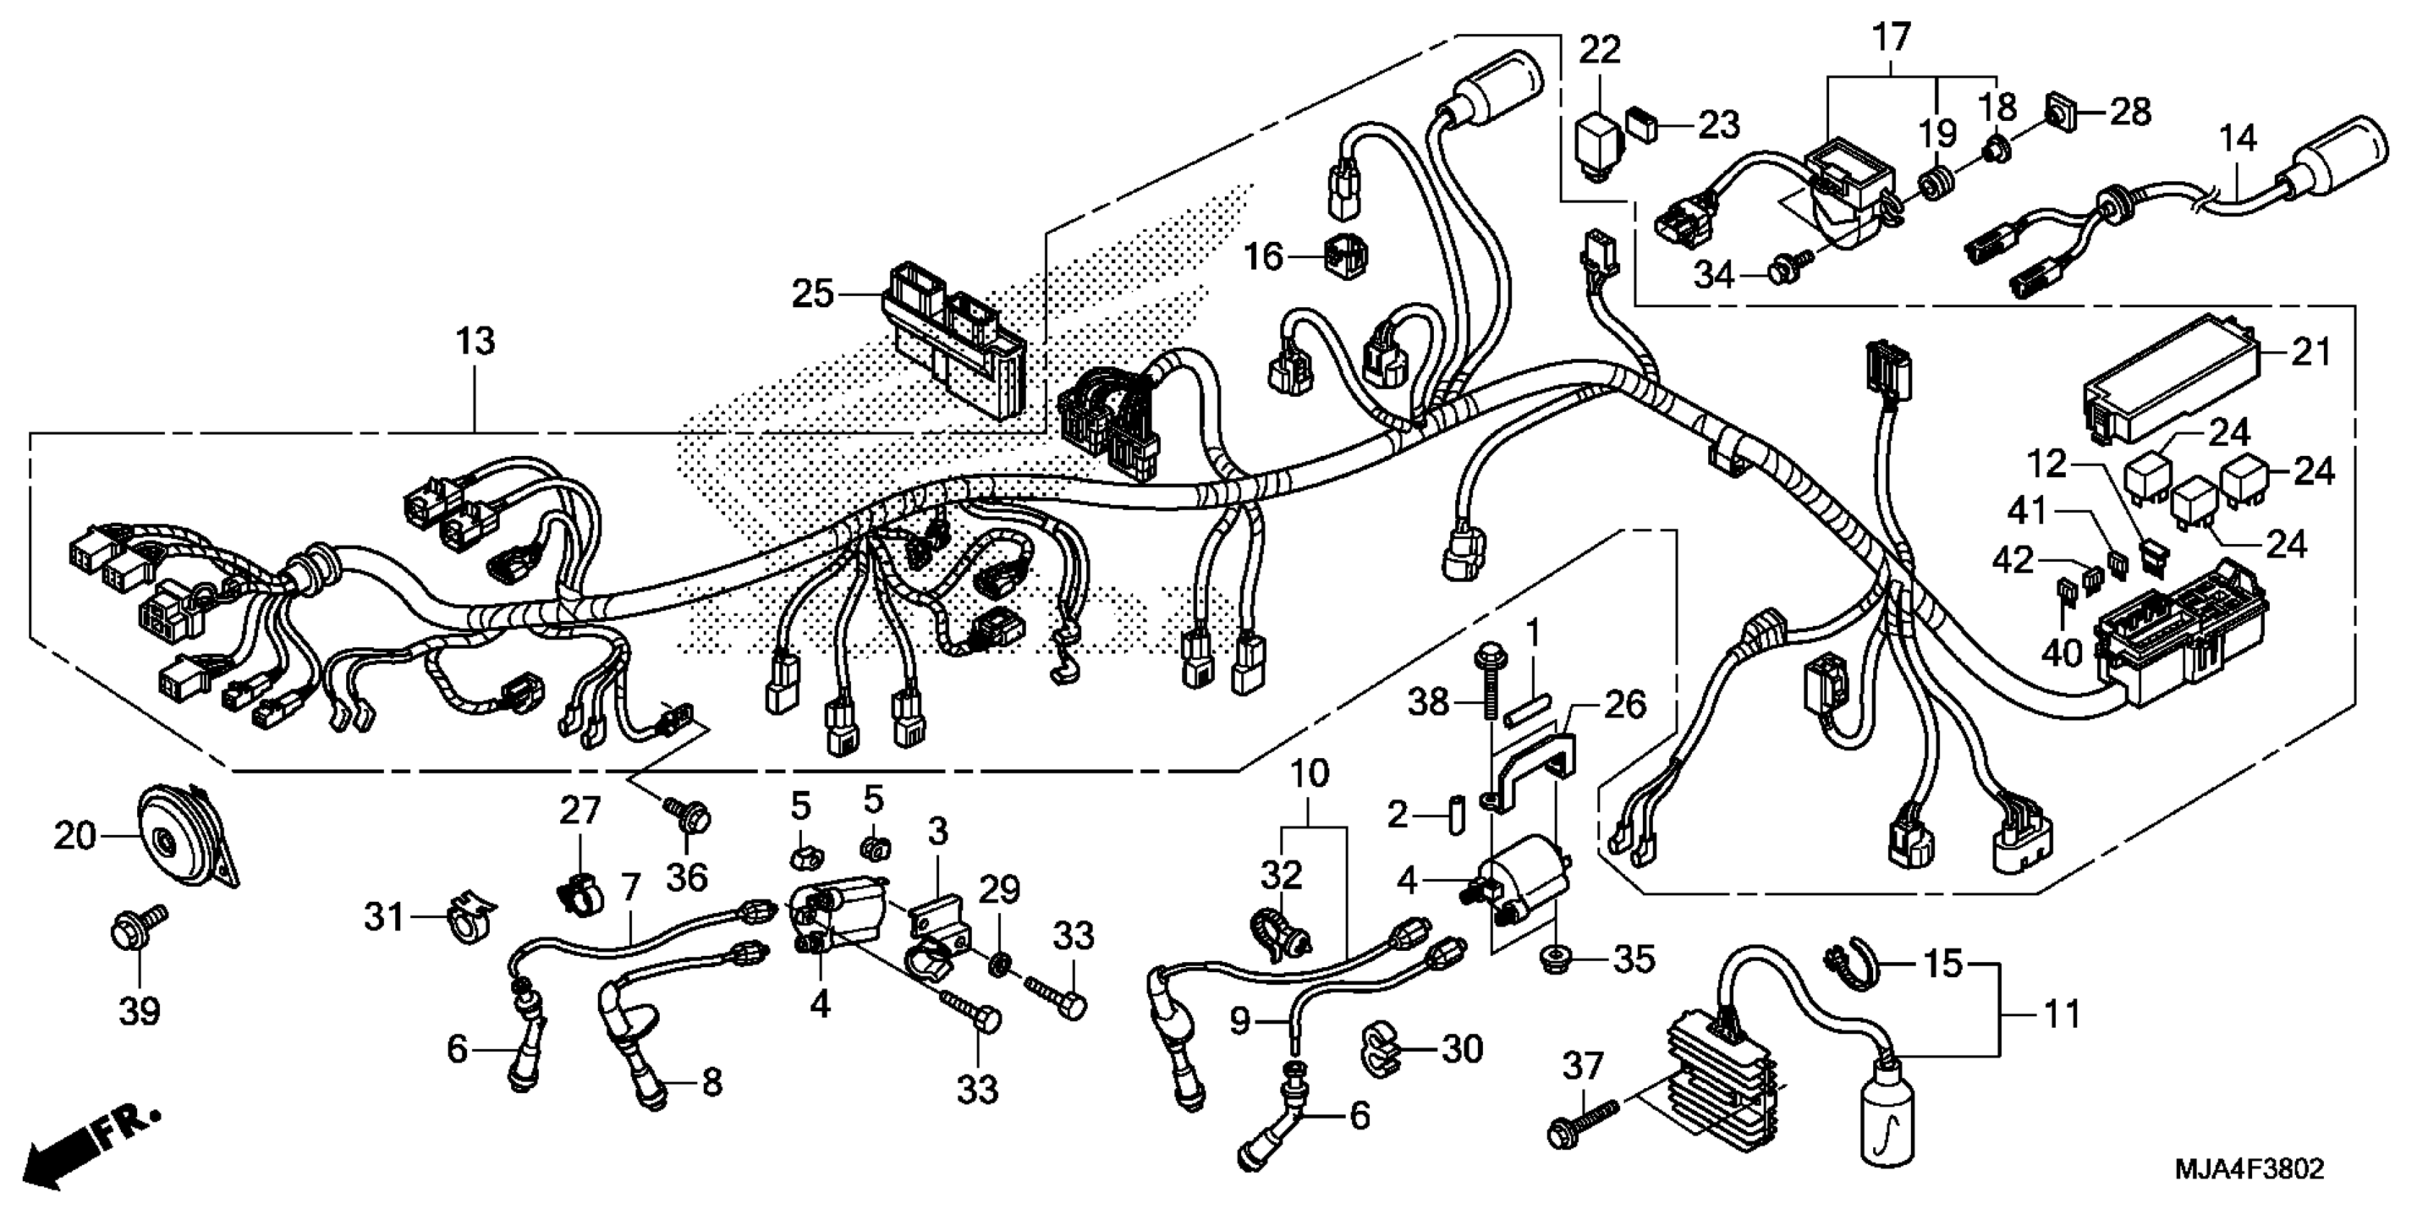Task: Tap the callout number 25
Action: [x=813, y=294]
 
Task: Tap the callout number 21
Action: [x=2311, y=352]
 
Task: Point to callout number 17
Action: [x=1891, y=39]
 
